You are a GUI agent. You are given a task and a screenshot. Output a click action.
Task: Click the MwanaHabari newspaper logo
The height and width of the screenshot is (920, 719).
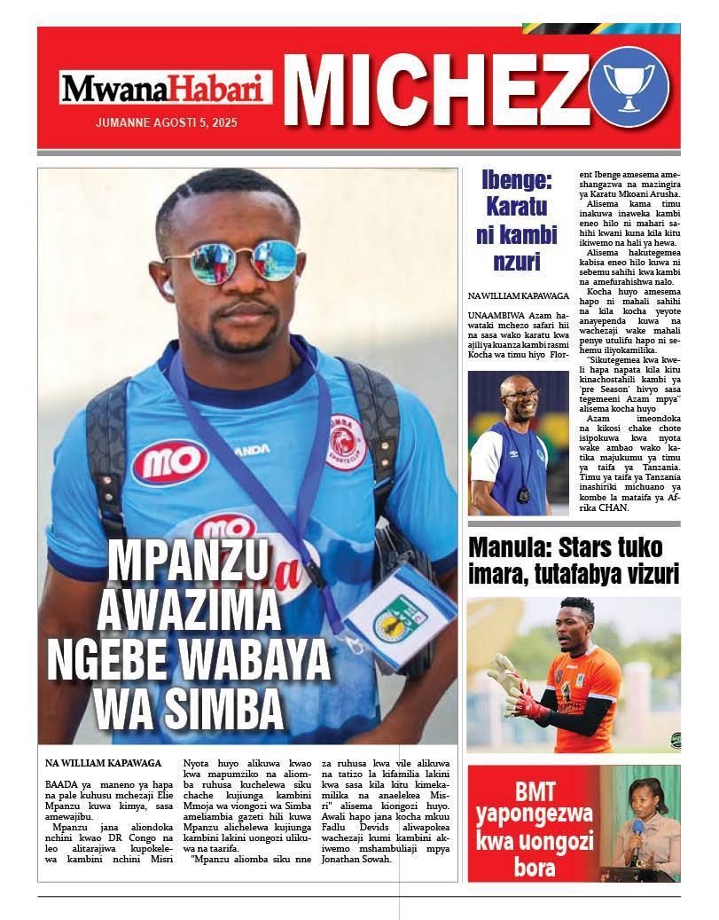click(166, 88)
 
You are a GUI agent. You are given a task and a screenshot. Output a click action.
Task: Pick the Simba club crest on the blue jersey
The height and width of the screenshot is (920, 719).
click(345, 440)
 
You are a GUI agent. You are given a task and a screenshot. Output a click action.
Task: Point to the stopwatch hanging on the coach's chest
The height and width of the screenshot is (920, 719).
click(523, 493)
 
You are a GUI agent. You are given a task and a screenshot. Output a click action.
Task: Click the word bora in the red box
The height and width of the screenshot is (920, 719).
click(534, 866)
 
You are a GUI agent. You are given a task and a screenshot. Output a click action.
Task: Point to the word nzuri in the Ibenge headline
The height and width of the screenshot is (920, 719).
click(516, 262)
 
